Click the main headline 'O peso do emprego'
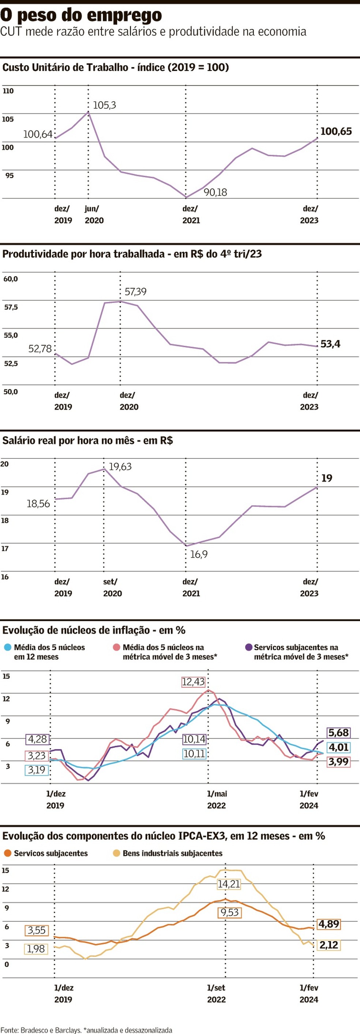(81, 15)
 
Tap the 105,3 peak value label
(104, 105)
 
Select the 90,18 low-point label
(215, 192)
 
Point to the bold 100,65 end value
(336, 131)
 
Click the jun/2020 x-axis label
(94, 214)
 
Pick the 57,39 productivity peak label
(135, 291)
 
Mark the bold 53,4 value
(330, 344)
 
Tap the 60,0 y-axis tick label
(11, 279)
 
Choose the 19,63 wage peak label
(120, 467)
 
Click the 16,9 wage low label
(199, 554)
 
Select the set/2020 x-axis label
(112, 587)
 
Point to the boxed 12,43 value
(193, 682)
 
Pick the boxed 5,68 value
(338, 733)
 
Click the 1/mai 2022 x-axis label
(217, 799)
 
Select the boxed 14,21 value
(229, 884)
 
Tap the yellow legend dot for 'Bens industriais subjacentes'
(116, 853)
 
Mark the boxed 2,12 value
(329, 945)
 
